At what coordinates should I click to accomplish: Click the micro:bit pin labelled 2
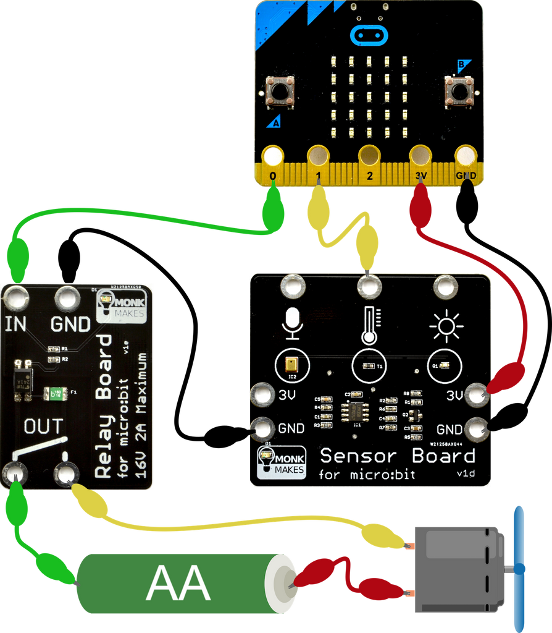click(369, 157)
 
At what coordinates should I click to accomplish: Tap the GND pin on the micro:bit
click(466, 157)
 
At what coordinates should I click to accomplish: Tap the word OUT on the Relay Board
click(43, 426)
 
